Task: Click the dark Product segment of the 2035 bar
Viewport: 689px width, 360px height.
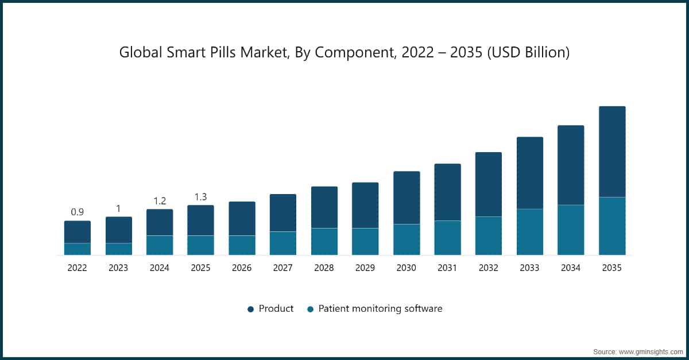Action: click(612, 152)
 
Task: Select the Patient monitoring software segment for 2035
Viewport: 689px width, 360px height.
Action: click(612, 226)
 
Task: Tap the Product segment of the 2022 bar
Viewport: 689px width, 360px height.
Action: click(78, 232)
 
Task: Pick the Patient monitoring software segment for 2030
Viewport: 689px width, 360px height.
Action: click(407, 239)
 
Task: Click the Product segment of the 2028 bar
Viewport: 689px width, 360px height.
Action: click(324, 207)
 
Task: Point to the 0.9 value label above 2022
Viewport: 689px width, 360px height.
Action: click(78, 212)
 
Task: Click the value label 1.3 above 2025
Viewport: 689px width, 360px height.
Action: click(201, 196)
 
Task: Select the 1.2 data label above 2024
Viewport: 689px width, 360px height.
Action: click(160, 200)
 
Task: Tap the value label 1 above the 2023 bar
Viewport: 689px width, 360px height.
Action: click(119, 208)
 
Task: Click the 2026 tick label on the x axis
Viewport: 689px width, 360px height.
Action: click(242, 268)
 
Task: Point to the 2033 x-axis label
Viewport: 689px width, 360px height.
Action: click(530, 268)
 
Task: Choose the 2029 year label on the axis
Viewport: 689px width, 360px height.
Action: click(365, 268)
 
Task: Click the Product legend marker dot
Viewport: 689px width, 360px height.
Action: click(250, 309)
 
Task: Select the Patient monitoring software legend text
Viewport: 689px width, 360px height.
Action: click(380, 308)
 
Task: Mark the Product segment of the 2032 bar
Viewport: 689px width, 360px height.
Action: click(489, 184)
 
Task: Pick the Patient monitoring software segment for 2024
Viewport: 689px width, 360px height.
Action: click(160, 245)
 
